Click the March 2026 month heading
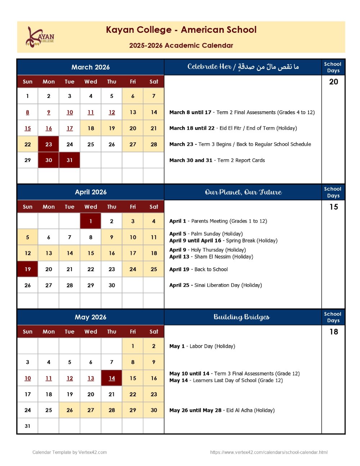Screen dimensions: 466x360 point(90,67)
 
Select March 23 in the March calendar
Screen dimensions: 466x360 point(49,144)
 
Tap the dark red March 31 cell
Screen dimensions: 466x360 point(69,160)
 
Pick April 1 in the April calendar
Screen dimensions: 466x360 point(91,221)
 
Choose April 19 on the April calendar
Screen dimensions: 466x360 point(28,269)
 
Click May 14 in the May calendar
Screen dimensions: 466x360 point(112,378)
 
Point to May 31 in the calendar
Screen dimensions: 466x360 point(28,426)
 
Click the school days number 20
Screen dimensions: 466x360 point(333,82)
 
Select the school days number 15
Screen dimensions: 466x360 point(333,207)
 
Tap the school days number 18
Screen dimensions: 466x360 point(333,332)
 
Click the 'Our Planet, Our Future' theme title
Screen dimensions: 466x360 point(243,192)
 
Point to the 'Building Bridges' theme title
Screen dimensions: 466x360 point(242,317)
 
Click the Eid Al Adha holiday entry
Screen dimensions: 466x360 point(222,410)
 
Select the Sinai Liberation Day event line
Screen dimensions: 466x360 point(215,285)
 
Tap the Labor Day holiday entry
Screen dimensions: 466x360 point(202,346)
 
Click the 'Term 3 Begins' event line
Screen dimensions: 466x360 point(240,144)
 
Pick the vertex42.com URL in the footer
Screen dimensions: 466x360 point(269,452)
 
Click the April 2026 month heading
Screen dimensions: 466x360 point(90,192)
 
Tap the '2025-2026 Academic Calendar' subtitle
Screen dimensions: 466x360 point(181,46)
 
